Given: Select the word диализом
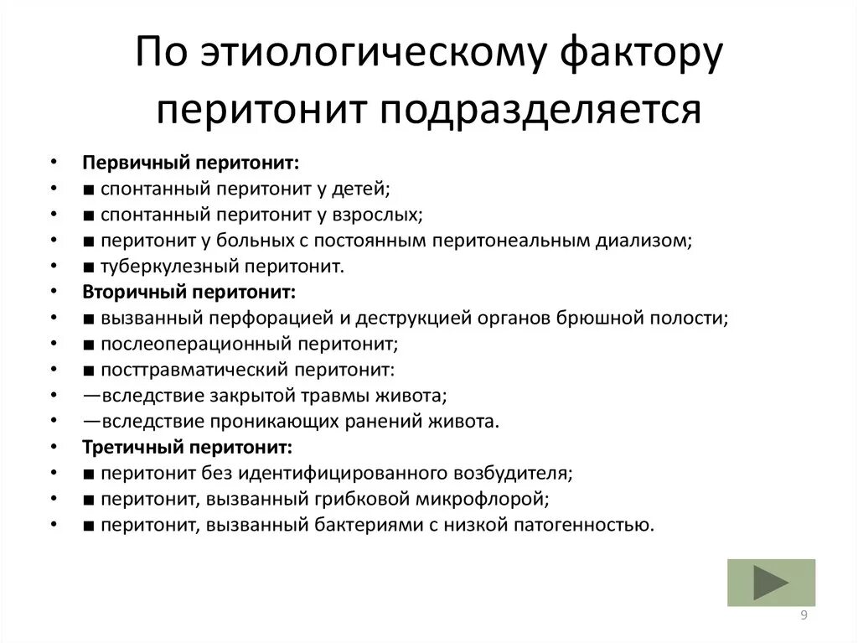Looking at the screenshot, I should tap(643, 241).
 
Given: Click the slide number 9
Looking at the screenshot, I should tap(804, 616).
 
